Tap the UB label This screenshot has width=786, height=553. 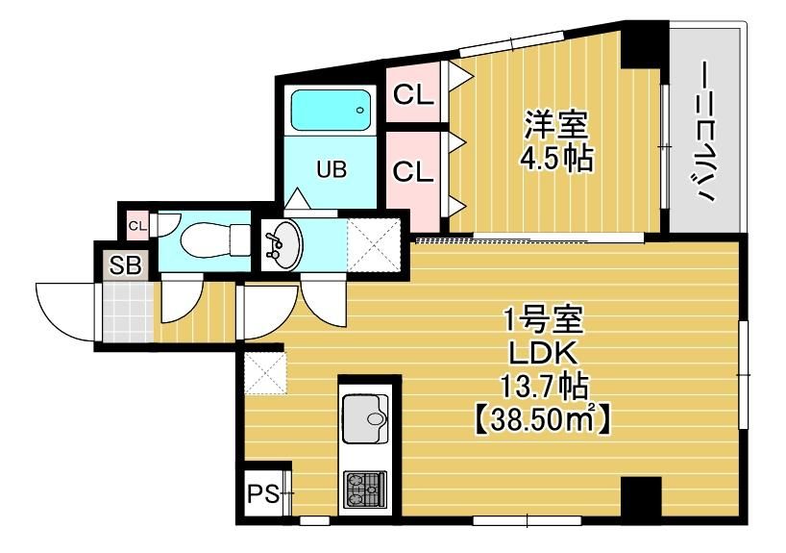pyautogui.click(x=332, y=170)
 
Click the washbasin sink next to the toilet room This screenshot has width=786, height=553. pyautogui.click(x=282, y=243)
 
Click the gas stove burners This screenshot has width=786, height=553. pyautogui.click(x=365, y=490)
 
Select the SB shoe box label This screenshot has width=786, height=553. pyautogui.click(x=123, y=266)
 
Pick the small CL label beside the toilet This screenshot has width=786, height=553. pyautogui.click(x=136, y=226)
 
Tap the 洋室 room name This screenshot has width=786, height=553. pyautogui.click(x=556, y=125)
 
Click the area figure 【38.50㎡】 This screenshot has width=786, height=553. pyautogui.click(x=539, y=420)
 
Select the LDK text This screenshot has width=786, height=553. pyautogui.click(x=538, y=354)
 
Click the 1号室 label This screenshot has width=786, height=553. pyautogui.click(x=538, y=320)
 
